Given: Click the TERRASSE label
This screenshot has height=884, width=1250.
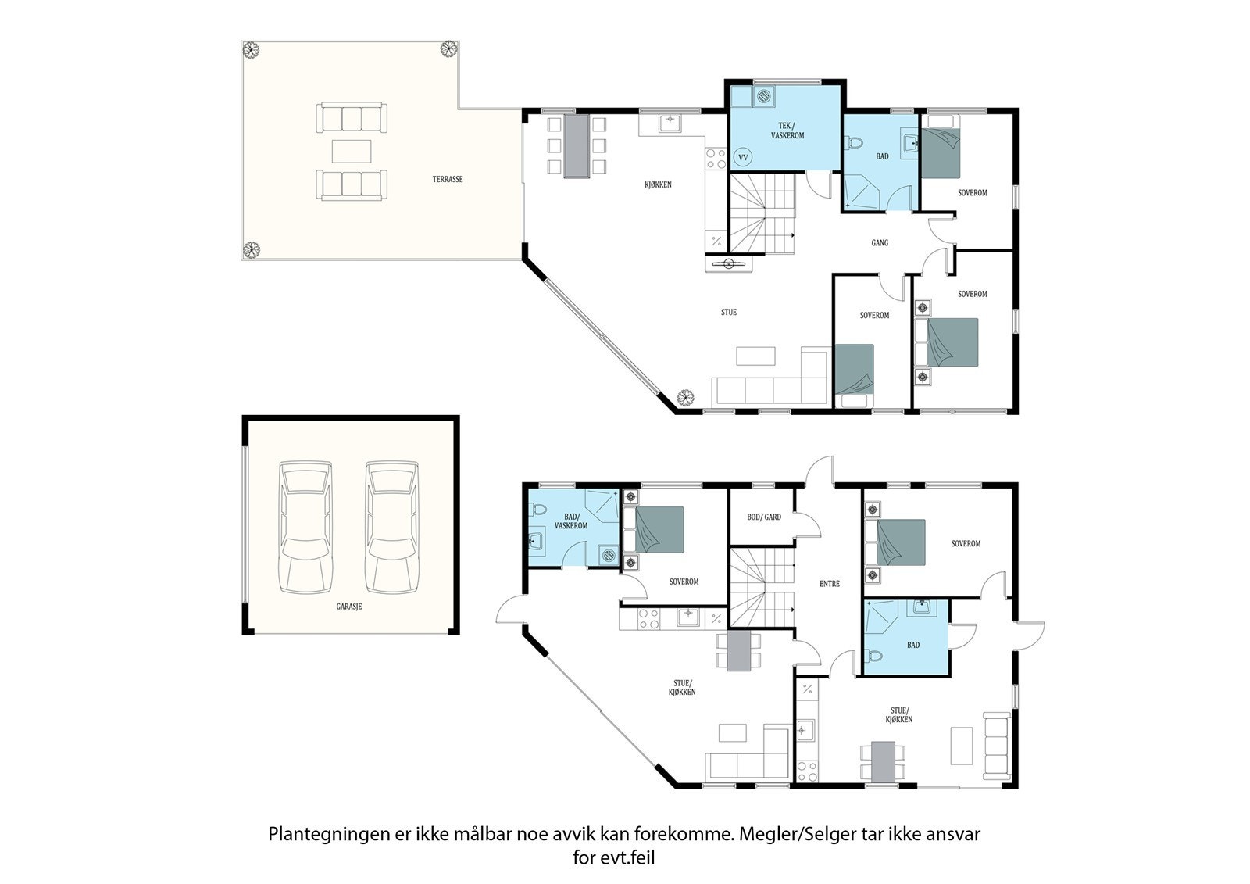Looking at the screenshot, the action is pyautogui.click(x=448, y=179).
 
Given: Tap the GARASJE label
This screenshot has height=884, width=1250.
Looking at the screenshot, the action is pyautogui.click(x=349, y=607).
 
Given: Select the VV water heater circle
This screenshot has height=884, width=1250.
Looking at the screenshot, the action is pyautogui.click(x=743, y=157).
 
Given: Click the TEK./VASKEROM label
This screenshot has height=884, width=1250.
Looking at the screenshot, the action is pyautogui.click(x=787, y=131).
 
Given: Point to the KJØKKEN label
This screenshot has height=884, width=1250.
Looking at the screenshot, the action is pyautogui.click(x=658, y=184).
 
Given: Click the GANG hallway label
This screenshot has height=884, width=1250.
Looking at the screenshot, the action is pyautogui.click(x=880, y=243).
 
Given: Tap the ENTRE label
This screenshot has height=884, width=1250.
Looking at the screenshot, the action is pyautogui.click(x=829, y=584).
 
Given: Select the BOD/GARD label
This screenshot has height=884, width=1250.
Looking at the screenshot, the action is pyautogui.click(x=764, y=517).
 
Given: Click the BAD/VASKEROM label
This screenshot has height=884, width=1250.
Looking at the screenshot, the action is pyautogui.click(x=571, y=521).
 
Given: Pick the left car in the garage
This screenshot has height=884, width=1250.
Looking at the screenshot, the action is pyautogui.click(x=305, y=527).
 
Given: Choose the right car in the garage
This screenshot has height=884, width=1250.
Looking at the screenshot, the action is pyautogui.click(x=391, y=527).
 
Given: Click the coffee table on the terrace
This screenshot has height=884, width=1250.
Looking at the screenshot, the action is pyautogui.click(x=352, y=151).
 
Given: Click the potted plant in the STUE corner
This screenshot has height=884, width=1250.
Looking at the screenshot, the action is pyautogui.click(x=685, y=398).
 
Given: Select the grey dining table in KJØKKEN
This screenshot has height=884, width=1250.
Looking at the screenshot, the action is pyautogui.click(x=577, y=146).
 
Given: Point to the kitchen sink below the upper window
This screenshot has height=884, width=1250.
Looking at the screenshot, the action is pyautogui.click(x=670, y=122).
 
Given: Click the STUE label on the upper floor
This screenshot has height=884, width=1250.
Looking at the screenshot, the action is pyautogui.click(x=729, y=312).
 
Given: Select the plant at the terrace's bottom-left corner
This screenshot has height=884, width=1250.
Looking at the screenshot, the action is pyautogui.click(x=252, y=249).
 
